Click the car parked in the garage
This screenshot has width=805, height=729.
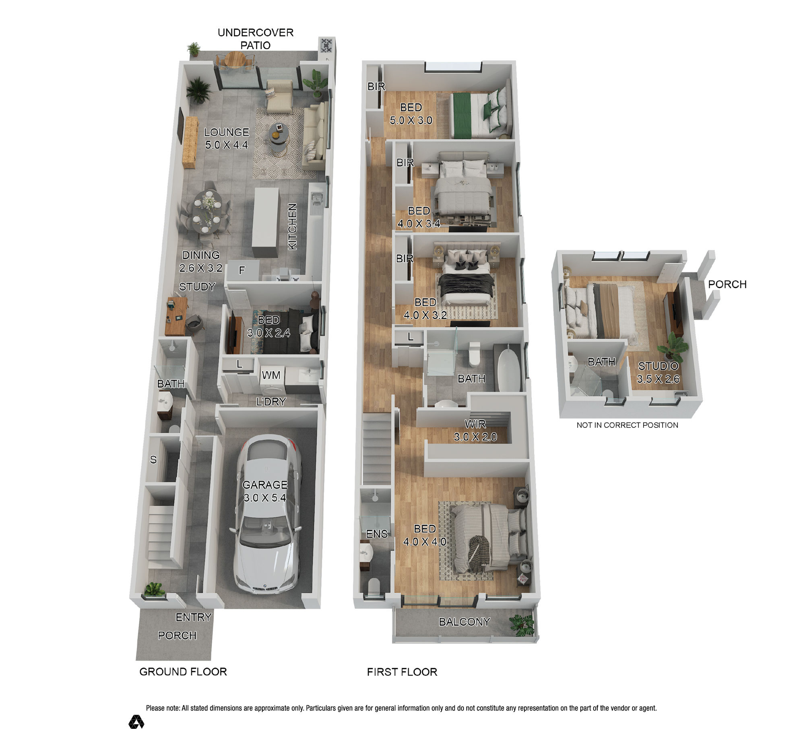click(x=266, y=515)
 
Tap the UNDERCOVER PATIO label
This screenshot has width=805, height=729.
click(x=256, y=39)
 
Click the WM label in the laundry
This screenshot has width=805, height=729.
click(x=271, y=375)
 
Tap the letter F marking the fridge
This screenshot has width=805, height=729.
click(x=242, y=270)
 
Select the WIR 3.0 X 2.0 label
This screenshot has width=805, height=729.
click(x=475, y=430)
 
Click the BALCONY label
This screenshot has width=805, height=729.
click(x=464, y=622)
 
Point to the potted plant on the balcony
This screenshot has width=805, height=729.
click(x=522, y=625)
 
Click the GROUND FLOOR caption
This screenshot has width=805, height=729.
click(x=183, y=671)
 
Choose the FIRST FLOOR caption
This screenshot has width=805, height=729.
click(x=402, y=672)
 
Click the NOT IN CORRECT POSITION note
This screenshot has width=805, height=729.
click(x=627, y=425)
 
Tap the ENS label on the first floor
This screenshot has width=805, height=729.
click(x=377, y=534)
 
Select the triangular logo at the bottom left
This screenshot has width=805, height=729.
click(x=136, y=722)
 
